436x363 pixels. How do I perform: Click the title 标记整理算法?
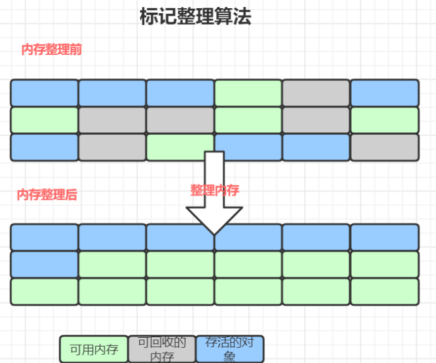pyautogui.click(x=195, y=17)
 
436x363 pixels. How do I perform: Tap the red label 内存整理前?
pyautogui.click(x=52, y=50)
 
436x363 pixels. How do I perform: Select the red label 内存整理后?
pyautogui.click(x=47, y=195)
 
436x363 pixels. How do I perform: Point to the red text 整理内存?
pyautogui.click(x=215, y=190)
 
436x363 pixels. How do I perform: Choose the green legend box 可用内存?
pyautogui.click(x=94, y=349)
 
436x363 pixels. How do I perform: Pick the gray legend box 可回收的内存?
pyautogui.click(x=162, y=349)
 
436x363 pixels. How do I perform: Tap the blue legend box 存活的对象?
pyautogui.click(x=230, y=349)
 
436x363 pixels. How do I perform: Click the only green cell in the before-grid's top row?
pyautogui.click(x=248, y=93)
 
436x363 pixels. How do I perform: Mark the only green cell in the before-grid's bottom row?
pyautogui.click(x=180, y=147)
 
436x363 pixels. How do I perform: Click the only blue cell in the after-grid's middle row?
pyautogui.click(x=44, y=264)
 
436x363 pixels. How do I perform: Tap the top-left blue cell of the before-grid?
pyautogui.click(x=44, y=93)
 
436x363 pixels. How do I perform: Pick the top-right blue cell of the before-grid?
pyautogui.click(x=384, y=93)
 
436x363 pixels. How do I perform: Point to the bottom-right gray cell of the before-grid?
pyautogui.click(x=384, y=147)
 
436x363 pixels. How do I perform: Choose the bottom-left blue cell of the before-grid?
pyautogui.click(x=44, y=147)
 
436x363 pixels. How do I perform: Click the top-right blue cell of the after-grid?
pyautogui.click(x=384, y=237)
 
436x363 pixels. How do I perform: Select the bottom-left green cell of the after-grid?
pyautogui.click(x=44, y=291)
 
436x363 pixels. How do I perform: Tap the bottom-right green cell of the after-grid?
pyautogui.click(x=384, y=291)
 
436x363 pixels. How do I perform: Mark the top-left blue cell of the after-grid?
pyautogui.click(x=44, y=237)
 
